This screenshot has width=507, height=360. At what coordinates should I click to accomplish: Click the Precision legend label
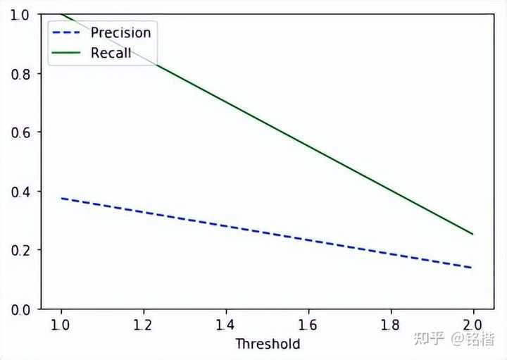[120, 32]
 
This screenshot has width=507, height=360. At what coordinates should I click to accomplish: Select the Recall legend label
[111, 53]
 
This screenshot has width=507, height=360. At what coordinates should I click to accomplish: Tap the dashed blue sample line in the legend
[68, 32]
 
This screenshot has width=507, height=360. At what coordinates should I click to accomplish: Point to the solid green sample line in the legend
[68, 53]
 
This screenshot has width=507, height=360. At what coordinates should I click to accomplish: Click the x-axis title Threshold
[268, 344]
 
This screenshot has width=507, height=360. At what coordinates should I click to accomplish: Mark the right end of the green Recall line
[472, 234]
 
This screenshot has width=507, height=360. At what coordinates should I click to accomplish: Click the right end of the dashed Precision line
[472, 268]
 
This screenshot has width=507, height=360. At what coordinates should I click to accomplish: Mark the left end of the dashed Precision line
[62, 199]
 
